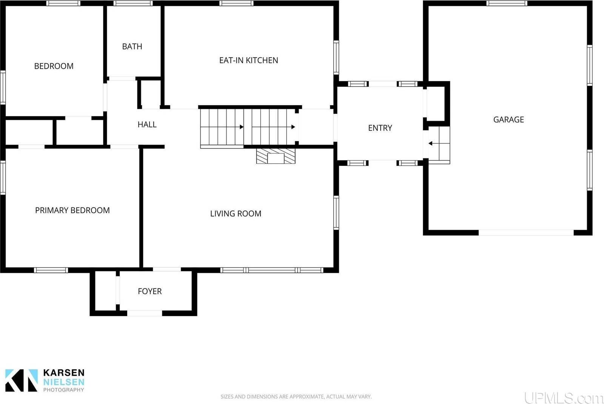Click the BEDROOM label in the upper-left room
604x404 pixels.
point(54,66)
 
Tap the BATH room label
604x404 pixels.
point(132,46)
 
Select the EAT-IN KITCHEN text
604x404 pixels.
point(248,60)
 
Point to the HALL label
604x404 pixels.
point(147,125)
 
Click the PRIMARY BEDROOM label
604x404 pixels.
point(72,211)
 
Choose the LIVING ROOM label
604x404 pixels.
point(236,214)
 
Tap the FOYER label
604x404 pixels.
point(149,291)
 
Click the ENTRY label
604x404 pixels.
point(380,128)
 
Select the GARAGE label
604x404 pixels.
point(508,120)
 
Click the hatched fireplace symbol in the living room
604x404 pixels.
point(276,156)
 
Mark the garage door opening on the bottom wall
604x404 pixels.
point(526,233)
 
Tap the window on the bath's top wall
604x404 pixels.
point(133,3)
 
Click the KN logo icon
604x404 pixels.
point(22,380)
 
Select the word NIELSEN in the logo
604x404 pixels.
point(63,382)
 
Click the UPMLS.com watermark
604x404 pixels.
point(564,398)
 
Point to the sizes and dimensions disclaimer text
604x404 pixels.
point(296,396)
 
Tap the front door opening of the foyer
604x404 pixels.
point(145,313)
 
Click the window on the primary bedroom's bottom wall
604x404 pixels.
point(51,270)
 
